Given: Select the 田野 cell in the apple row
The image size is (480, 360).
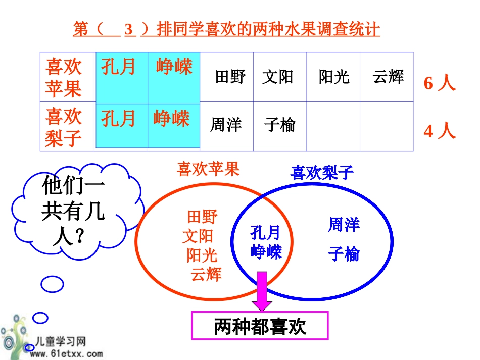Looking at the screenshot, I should pyautogui.click(x=230, y=77).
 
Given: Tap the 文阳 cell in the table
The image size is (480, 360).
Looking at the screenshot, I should pyautogui.click(x=277, y=77).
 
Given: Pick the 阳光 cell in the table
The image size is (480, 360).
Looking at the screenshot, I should pyautogui.click(x=334, y=77).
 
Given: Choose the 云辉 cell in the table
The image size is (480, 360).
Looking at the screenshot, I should pyautogui.click(x=388, y=77).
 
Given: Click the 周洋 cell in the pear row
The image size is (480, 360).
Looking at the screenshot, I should pyautogui.click(x=226, y=125).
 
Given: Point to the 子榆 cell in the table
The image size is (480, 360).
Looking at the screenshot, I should pyautogui.click(x=279, y=125).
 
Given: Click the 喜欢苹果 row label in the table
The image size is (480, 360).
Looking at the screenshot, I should pyautogui.click(x=64, y=77).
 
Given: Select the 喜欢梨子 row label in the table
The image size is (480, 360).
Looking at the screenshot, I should pyautogui.click(x=64, y=126).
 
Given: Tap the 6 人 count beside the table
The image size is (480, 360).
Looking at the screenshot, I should pyautogui.click(x=440, y=83).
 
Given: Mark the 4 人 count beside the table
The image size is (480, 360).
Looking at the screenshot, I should pyautogui.click(x=440, y=131).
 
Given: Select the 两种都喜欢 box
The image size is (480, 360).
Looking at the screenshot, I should pyautogui.click(x=260, y=326).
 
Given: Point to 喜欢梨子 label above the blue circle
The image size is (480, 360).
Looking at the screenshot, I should pyautogui.click(x=322, y=173).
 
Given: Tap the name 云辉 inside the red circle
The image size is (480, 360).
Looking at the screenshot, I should pyautogui.click(x=206, y=274).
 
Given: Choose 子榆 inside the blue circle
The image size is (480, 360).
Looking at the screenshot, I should pyautogui.click(x=344, y=253).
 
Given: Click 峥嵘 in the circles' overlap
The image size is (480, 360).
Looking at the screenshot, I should pyautogui.click(x=266, y=251).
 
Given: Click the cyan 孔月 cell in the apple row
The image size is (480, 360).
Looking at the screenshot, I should pyautogui.click(x=119, y=66).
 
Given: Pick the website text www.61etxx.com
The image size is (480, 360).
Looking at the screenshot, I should pyautogui.click(x=66, y=354).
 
